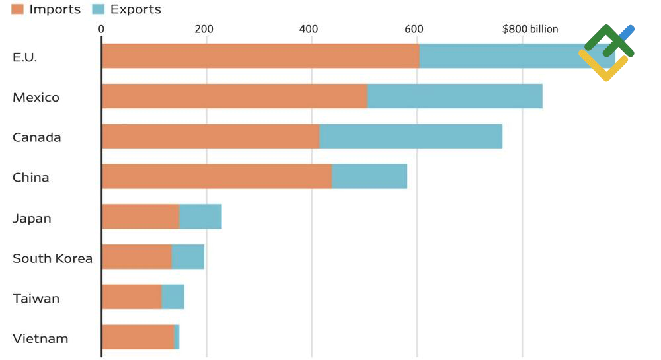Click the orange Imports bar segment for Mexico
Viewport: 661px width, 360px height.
(x=234, y=96)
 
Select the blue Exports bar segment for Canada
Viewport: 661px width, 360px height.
(x=410, y=136)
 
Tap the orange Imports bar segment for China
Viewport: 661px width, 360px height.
(x=217, y=176)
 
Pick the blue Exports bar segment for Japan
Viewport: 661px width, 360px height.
(x=200, y=217)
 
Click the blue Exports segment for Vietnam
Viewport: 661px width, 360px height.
(x=176, y=337)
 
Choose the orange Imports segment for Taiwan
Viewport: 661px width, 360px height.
(x=132, y=297)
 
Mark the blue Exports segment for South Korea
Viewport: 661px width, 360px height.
(x=188, y=256)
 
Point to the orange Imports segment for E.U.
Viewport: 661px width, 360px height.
(x=260, y=56)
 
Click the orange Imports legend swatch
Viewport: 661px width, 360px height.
(x=18, y=9)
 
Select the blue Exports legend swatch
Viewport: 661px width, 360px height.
(x=98, y=9)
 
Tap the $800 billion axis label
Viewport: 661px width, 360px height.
(x=530, y=29)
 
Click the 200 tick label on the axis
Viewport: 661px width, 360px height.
(x=204, y=29)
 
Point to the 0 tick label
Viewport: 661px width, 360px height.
(x=101, y=29)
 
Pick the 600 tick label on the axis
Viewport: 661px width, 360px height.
(x=414, y=29)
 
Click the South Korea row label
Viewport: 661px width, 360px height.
(x=52, y=258)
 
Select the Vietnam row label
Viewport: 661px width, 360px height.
(x=40, y=339)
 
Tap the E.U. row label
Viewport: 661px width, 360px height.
(x=24, y=57)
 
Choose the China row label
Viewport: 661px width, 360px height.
(x=30, y=178)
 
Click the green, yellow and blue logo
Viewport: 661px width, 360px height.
(x=606, y=52)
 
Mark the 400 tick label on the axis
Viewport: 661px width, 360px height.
(x=309, y=29)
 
